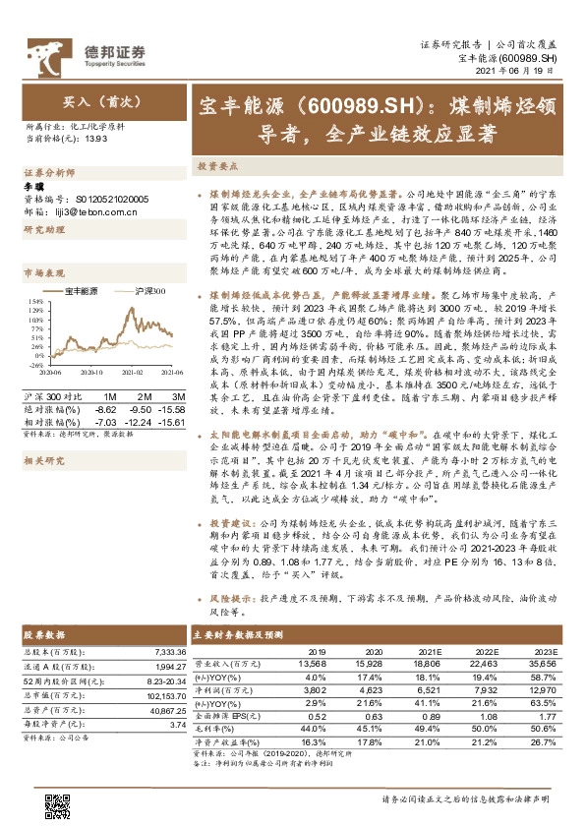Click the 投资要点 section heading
click(x=215, y=167)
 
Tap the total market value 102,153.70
click(x=165, y=694)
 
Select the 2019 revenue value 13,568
click(x=310, y=663)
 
